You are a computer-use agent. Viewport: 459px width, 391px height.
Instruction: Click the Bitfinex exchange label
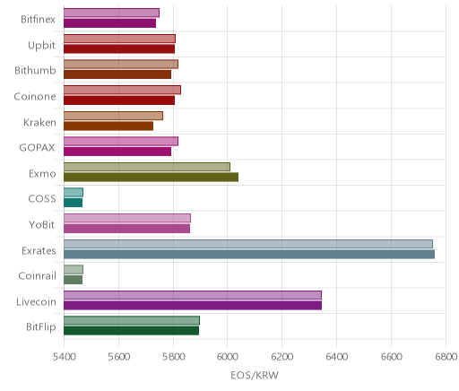38,20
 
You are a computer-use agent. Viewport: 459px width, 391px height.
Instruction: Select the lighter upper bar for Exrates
248,244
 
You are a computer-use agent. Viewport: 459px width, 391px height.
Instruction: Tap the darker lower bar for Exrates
249,255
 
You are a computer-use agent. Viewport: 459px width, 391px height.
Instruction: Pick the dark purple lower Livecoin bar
193,306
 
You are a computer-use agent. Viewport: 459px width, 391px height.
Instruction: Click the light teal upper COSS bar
74,193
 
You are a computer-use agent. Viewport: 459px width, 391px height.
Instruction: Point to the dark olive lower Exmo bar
151,177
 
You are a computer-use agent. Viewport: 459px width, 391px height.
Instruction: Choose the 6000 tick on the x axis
227,357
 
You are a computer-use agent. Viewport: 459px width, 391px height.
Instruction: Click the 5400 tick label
64,357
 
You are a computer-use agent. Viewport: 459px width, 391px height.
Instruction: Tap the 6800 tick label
446,357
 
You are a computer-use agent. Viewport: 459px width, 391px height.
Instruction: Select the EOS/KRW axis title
255,375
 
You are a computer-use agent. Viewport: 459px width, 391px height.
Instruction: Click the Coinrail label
37,275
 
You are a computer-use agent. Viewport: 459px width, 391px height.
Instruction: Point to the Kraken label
39,122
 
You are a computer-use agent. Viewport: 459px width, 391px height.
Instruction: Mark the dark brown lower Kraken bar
108,126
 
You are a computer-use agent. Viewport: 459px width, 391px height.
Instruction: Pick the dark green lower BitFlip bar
131,331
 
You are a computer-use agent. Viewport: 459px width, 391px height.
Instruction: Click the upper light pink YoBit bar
127,218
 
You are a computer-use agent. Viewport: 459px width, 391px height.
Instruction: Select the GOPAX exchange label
38,148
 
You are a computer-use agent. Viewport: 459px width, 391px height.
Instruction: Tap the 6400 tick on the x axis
337,357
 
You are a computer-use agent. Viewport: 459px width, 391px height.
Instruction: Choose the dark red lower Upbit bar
119,49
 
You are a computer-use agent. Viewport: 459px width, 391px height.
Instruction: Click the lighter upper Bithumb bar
121,65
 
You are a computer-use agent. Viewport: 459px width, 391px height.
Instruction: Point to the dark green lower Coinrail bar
73,280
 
